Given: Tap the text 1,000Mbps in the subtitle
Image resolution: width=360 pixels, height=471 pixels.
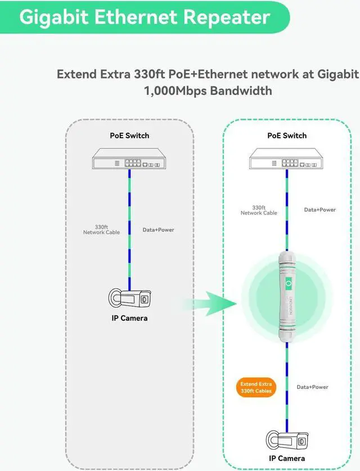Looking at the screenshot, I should click(x=175, y=90).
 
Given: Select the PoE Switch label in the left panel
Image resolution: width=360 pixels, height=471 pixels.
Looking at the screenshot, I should click(x=129, y=135).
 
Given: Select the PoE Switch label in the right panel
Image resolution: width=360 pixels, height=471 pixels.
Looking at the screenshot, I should click(x=287, y=135).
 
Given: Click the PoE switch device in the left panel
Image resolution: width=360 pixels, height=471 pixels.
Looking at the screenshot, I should click(x=129, y=159).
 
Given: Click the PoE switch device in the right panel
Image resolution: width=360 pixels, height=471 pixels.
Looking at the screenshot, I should click(x=287, y=159).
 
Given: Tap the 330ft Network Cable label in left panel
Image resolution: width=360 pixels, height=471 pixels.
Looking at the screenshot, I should click(x=101, y=229).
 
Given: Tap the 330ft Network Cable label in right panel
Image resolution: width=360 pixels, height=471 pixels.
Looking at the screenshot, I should click(x=259, y=210).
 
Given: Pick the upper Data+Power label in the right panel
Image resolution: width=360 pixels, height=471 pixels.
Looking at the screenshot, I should click(x=319, y=210).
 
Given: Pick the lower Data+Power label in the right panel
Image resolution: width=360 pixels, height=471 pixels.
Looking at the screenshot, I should click(x=312, y=387).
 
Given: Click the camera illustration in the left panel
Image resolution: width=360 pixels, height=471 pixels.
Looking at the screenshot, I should click(x=129, y=298).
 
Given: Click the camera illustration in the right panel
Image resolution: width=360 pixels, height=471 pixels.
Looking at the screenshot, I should click(x=287, y=440).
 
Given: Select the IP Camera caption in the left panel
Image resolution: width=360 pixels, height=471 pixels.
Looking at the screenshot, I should click(x=129, y=318).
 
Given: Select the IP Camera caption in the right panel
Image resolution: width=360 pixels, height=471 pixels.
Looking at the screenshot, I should click(x=287, y=459).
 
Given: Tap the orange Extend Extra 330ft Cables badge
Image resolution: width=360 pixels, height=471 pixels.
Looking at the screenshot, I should click(x=256, y=387).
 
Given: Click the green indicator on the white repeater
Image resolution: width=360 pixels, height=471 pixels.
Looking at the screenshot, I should click(x=289, y=284).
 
